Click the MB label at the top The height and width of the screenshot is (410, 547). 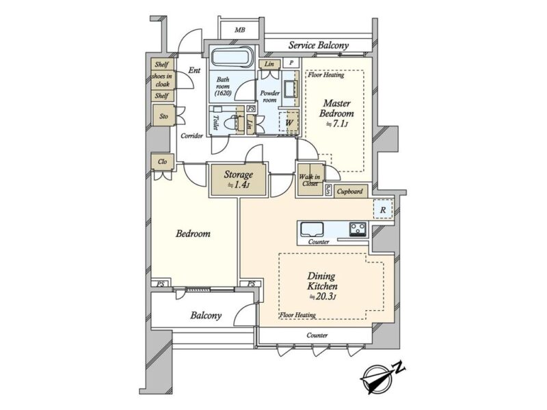(x=240, y=30)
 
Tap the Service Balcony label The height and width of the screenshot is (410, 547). (x=319, y=45)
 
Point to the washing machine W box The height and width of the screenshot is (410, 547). (x=289, y=122)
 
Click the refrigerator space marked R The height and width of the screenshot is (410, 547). (x=383, y=210)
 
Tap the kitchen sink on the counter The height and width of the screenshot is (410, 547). (x=312, y=229)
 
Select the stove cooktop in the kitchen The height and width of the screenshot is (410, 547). (x=358, y=230)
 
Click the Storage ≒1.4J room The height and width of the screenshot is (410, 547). (x=238, y=180)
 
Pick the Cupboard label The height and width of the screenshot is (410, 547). (x=350, y=191)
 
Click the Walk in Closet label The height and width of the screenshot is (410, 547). (x=310, y=180)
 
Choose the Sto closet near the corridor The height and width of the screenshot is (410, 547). (x=163, y=116)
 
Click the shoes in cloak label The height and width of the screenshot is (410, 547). (x=162, y=80)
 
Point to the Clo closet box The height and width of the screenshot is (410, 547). (x=162, y=162)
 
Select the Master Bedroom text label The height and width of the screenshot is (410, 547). (x=336, y=109)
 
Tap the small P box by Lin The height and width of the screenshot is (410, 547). (x=291, y=63)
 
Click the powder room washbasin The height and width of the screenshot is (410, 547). (x=289, y=89)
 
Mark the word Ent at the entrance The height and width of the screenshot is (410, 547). (x=194, y=70)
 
